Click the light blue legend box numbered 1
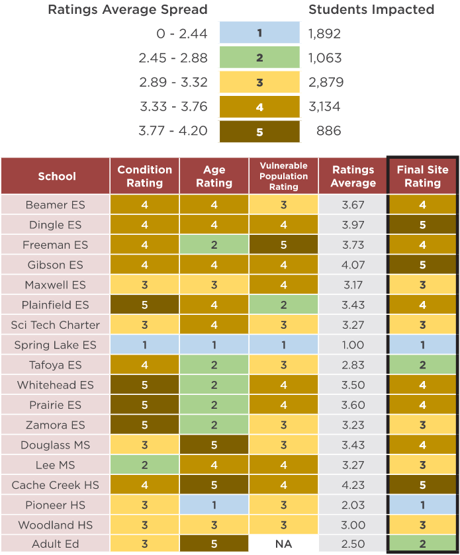click(259, 32)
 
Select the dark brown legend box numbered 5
click(259, 132)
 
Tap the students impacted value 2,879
click(326, 82)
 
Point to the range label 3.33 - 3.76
click(173, 107)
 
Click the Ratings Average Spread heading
click(128, 9)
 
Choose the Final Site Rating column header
click(422, 176)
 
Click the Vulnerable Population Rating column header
click(284, 176)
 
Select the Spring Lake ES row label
click(55, 345)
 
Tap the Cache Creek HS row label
click(55, 485)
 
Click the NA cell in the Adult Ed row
click(284, 544)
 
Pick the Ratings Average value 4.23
click(353, 485)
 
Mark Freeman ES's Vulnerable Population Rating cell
click(284, 245)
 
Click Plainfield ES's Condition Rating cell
click(144, 305)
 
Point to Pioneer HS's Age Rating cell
click(214, 505)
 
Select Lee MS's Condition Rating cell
click(144, 465)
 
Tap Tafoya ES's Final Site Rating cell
click(422, 365)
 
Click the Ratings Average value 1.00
click(353, 345)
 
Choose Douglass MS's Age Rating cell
click(214, 445)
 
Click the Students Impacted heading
click(371, 9)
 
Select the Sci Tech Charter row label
click(55, 325)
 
